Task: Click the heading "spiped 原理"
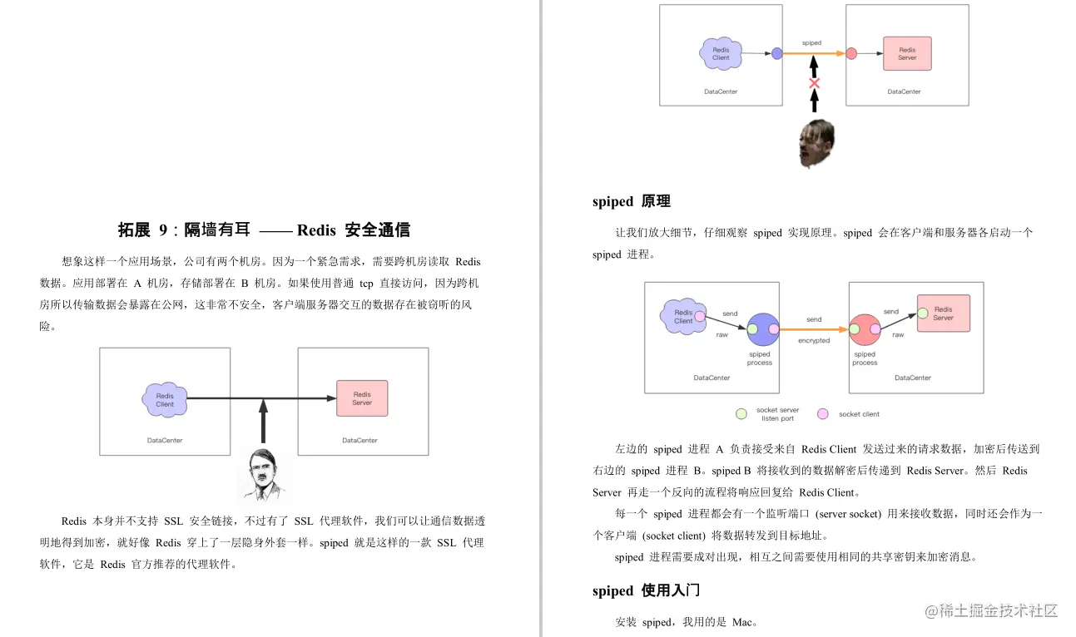point(631,201)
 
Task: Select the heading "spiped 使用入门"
point(646,590)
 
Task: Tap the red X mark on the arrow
point(815,83)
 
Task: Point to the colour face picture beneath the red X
point(816,143)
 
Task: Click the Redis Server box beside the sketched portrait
point(362,398)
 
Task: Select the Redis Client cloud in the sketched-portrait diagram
point(165,399)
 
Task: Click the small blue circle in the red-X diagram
point(776,53)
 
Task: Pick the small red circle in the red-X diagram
point(851,53)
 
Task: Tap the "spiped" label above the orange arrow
point(811,42)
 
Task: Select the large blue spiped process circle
point(762,329)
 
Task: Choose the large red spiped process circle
point(865,329)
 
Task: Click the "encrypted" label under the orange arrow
point(814,341)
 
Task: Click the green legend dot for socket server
point(741,413)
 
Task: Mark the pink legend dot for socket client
point(823,413)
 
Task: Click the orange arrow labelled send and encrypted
point(814,329)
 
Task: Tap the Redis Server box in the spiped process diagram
point(943,314)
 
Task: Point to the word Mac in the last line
point(742,622)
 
